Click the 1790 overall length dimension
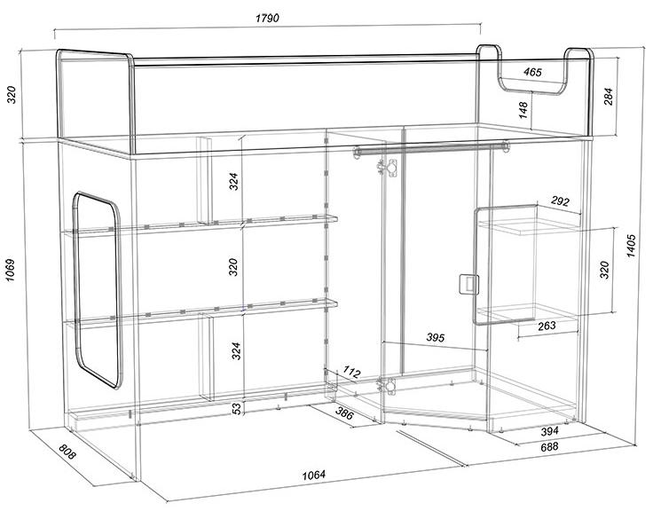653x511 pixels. click(x=267, y=18)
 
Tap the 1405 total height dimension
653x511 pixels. click(x=631, y=246)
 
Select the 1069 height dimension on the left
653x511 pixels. click(x=10, y=270)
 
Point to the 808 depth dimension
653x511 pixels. click(x=67, y=452)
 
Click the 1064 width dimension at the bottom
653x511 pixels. click(x=313, y=475)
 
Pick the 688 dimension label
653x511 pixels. click(x=549, y=447)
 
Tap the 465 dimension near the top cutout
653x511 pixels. click(x=532, y=72)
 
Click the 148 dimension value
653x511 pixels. click(x=523, y=110)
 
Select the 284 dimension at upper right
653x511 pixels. click(x=608, y=96)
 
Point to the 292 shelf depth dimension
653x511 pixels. click(x=560, y=201)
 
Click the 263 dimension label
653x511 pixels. click(x=547, y=326)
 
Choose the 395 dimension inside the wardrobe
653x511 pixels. click(x=436, y=337)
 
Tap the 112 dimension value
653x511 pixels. click(x=351, y=372)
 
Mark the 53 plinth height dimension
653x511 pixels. click(x=237, y=409)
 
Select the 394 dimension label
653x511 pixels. click(x=549, y=431)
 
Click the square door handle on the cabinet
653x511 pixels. click(x=469, y=285)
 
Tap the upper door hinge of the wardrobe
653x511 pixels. click(x=389, y=168)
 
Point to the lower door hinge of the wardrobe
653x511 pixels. click(x=387, y=386)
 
